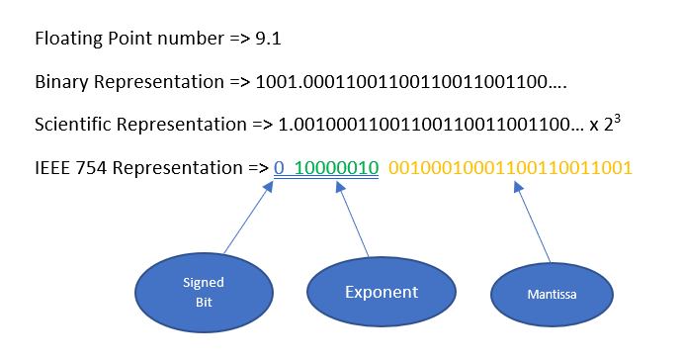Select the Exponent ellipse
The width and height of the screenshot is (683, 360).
(380, 293)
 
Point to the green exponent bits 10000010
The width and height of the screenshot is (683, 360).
(336, 167)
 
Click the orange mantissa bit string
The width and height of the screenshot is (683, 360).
(510, 167)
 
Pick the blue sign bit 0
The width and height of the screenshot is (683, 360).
(279, 167)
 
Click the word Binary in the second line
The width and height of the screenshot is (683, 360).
(60, 82)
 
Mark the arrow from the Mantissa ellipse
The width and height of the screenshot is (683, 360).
(535, 227)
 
